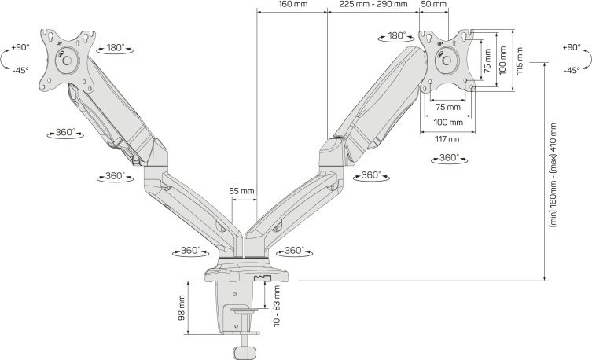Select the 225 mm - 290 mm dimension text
pos(373,5)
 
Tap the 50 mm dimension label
pos(433,5)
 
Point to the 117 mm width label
pos(449,138)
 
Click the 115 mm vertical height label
pos(520,59)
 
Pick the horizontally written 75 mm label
pos(449,107)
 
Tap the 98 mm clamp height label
pos(182,307)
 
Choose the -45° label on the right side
pos(572,71)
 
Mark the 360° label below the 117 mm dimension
pos(448,158)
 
